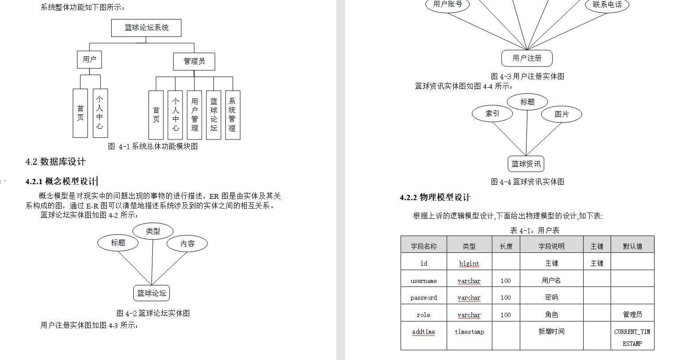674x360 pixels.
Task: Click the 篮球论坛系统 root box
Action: click(x=146, y=28)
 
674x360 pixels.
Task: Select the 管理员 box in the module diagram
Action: click(x=194, y=62)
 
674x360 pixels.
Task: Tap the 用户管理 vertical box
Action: click(x=195, y=115)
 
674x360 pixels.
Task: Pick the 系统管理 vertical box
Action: click(x=232, y=115)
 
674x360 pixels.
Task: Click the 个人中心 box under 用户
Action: click(x=100, y=113)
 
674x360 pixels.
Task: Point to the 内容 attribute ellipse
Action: click(x=187, y=244)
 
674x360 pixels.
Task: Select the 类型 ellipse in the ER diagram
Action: click(x=153, y=231)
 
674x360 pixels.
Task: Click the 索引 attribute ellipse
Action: click(x=492, y=114)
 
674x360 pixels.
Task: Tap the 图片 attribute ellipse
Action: click(x=561, y=114)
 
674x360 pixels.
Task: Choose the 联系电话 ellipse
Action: click(x=607, y=5)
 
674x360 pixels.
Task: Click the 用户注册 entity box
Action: click(x=527, y=58)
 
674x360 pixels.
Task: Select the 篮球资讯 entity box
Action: click(x=526, y=164)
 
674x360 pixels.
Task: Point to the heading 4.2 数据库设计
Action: click(x=55, y=162)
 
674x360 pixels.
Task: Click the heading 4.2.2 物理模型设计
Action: click(x=435, y=197)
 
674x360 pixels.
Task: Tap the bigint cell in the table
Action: click(x=469, y=263)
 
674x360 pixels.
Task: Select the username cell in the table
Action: click(x=424, y=281)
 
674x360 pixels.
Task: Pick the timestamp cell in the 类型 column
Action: click(x=469, y=332)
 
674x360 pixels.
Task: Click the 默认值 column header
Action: click(x=632, y=246)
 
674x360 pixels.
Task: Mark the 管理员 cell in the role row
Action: click(x=632, y=314)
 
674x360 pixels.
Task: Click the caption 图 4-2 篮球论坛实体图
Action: click(x=153, y=313)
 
